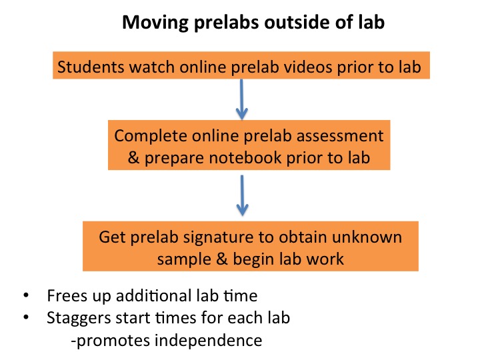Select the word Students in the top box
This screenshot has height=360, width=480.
pyautogui.click(x=85, y=67)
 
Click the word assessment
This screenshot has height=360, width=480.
pyautogui.click(x=339, y=135)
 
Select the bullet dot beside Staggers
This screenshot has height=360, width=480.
pyautogui.click(x=26, y=317)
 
